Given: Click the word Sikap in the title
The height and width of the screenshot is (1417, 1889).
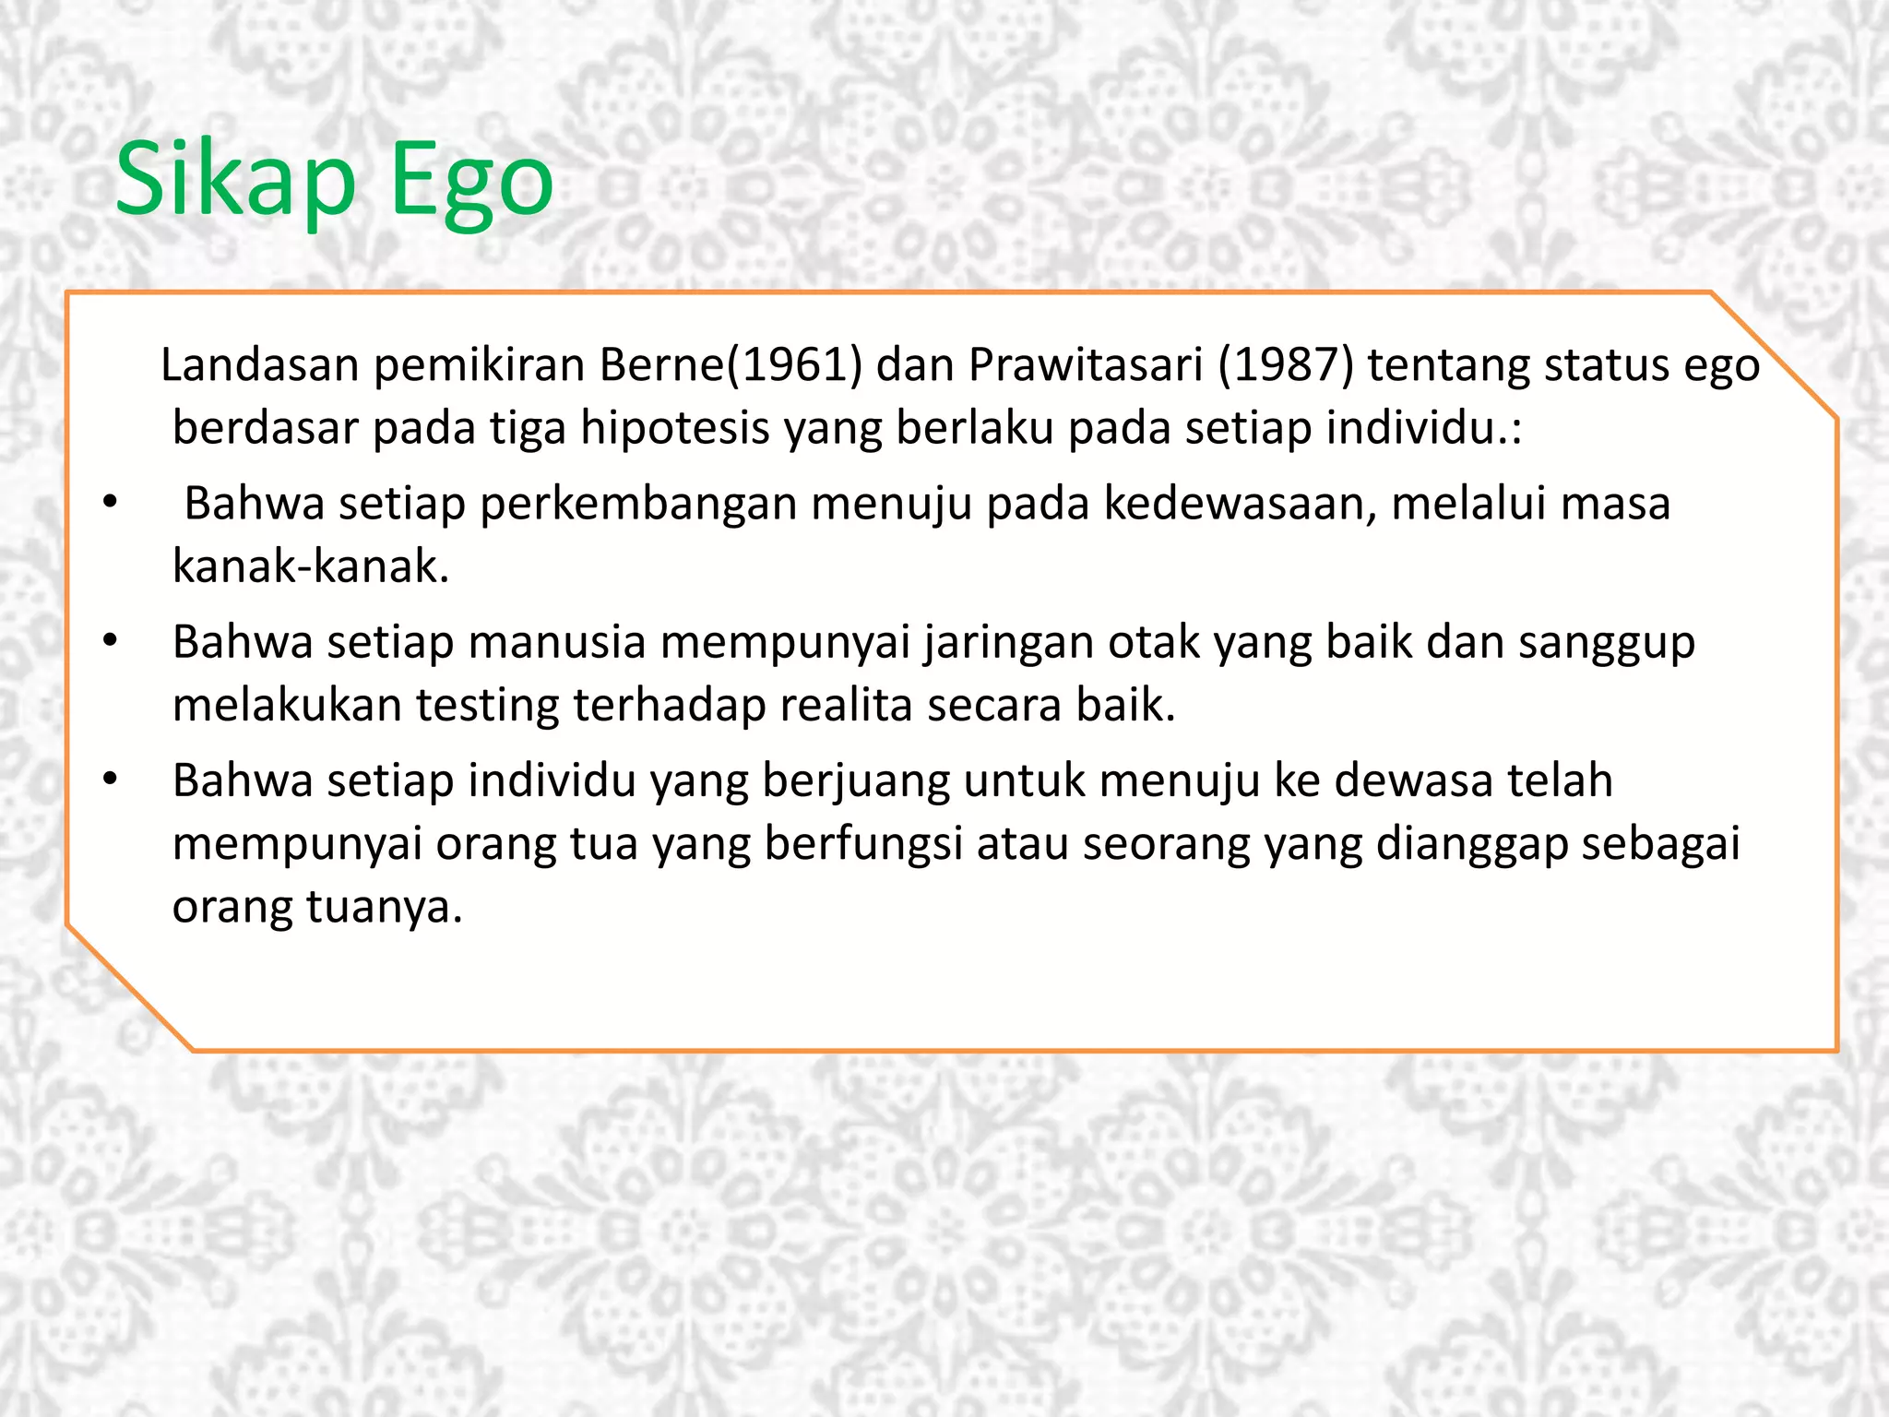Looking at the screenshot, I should [235, 180].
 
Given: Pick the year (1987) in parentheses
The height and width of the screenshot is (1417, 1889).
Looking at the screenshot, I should [1286, 365].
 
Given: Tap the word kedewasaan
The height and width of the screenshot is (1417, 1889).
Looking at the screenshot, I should [1240, 504].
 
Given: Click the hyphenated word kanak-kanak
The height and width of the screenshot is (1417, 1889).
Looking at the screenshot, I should [310, 566].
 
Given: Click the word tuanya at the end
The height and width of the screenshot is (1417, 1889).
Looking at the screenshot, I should [383, 908].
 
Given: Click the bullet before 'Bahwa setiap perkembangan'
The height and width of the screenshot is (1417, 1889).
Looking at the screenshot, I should [111, 503].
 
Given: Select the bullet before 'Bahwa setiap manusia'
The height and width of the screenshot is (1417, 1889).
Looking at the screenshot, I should [111, 641].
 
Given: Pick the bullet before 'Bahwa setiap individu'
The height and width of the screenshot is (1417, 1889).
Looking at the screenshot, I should [111, 780].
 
